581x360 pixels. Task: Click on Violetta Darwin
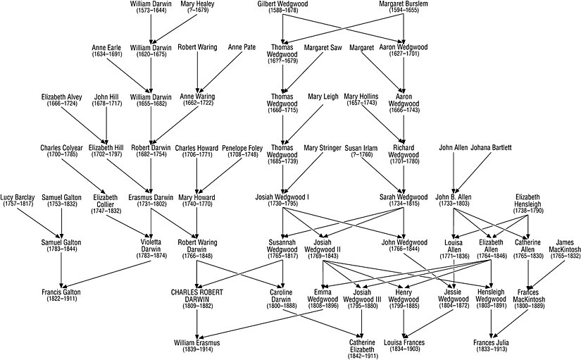click(x=151, y=246)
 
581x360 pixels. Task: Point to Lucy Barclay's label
click(x=16, y=197)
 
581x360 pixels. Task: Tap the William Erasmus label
click(x=197, y=343)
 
